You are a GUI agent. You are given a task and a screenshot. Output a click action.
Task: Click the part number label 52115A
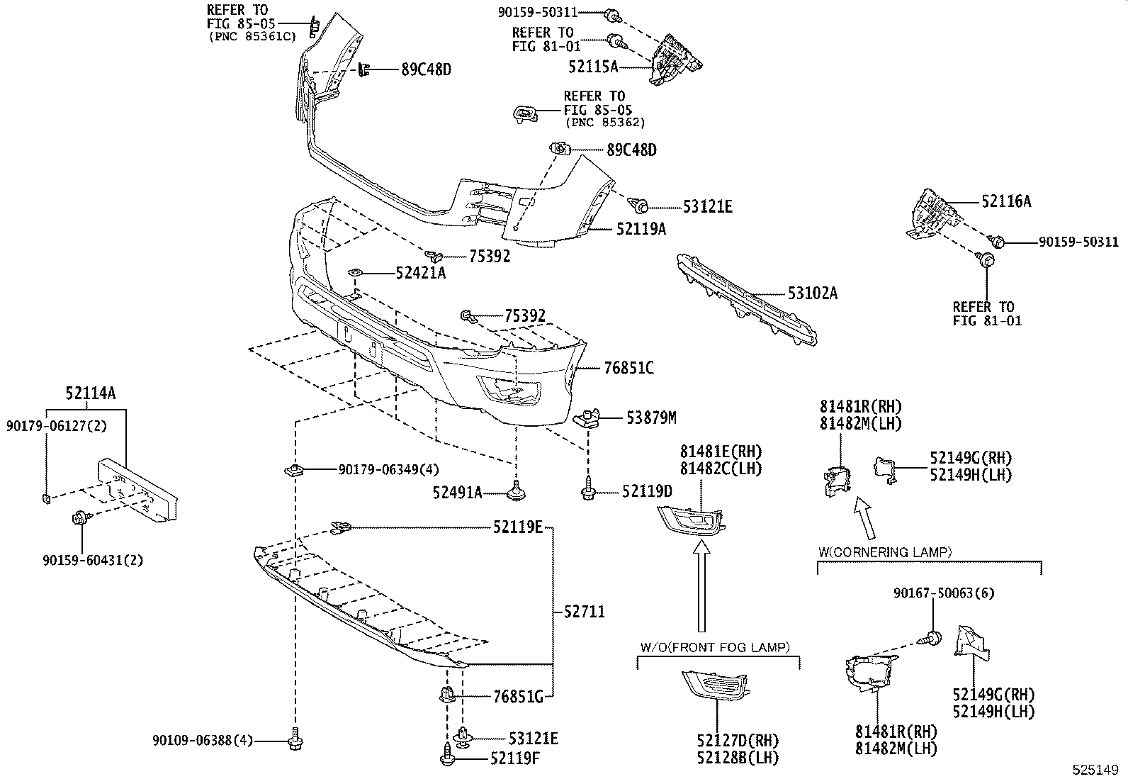pos(593,67)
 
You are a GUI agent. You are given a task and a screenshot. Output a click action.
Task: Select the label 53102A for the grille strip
pos(812,293)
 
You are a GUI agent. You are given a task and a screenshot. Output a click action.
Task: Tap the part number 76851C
pos(628,368)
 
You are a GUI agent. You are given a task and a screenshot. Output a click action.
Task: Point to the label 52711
pos(585,611)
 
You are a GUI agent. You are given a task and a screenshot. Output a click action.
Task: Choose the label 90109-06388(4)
pos(202,741)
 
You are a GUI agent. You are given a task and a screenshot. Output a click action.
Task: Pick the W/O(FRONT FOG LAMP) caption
pos(715,646)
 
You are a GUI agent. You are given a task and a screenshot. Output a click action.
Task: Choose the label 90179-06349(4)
pos(388,469)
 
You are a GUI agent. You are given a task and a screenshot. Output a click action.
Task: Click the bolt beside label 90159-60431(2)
pos(79,518)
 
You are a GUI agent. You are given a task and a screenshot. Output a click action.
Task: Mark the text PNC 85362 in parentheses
pos(605,122)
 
